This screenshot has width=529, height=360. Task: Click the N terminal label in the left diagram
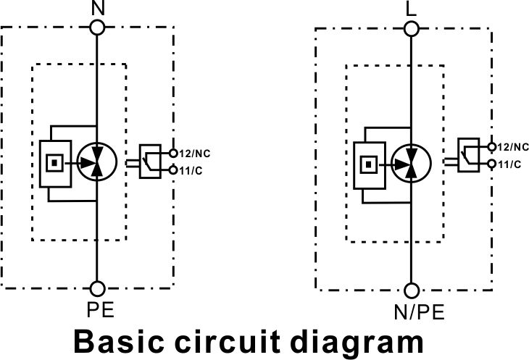coord(97,9)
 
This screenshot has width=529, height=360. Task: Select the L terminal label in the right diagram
coord(412,10)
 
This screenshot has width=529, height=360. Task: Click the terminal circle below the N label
coord(97,28)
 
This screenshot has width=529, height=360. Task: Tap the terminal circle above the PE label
coord(97,288)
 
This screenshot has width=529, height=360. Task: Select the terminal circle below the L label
coord(412,29)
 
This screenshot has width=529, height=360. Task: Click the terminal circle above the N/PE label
coord(412,291)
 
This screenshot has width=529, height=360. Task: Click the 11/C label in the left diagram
coord(191,170)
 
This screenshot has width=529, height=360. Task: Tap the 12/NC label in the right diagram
coord(509,146)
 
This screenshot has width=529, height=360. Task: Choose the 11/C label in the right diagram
coord(508,164)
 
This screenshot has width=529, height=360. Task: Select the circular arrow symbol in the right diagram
coord(409,161)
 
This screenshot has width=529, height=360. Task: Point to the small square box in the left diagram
coord(53,162)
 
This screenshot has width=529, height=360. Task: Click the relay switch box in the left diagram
coord(150,161)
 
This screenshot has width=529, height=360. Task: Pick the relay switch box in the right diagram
coord(467,154)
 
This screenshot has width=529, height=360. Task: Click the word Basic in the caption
coord(124,343)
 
